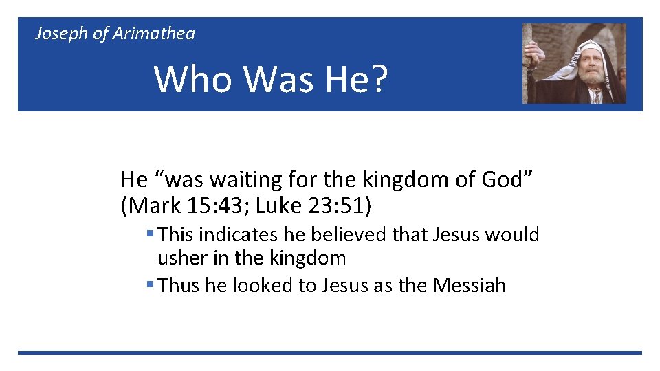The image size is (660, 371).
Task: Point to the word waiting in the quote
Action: (x=241, y=180)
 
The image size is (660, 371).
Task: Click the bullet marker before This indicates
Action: (x=149, y=235)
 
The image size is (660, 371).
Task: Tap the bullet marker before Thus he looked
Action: (x=149, y=285)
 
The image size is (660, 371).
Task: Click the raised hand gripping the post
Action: (x=531, y=52)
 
